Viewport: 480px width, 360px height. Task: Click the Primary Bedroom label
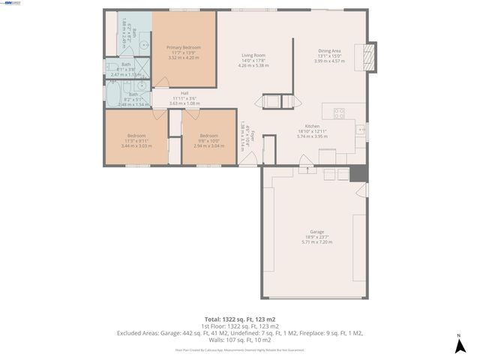[x=184, y=47]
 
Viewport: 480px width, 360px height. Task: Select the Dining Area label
[x=329, y=51]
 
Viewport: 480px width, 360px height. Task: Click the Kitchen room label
[x=313, y=126]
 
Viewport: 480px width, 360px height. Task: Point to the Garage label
[x=317, y=232]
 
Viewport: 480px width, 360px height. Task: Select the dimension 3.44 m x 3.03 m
[x=136, y=145]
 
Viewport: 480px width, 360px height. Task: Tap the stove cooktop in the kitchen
[x=339, y=114]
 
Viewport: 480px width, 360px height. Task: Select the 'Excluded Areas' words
[x=137, y=332]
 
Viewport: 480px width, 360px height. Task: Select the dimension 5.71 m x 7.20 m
[x=317, y=242]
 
